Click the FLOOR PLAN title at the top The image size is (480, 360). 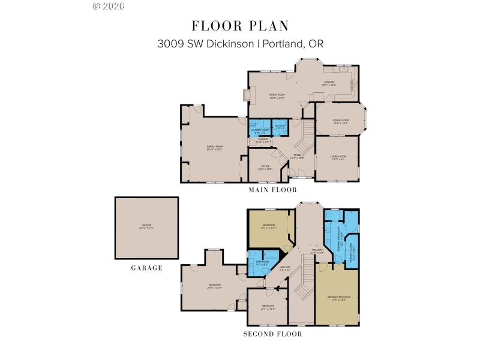click(x=240, y=25)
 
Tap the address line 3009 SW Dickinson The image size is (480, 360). click(x=240, y=44)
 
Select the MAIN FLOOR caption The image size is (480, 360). click(x=273, y=190)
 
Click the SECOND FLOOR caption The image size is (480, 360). click(x=273, y=334)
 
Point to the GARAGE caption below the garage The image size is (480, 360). click(x=146, y=268)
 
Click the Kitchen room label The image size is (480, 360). click(x=329, y=83)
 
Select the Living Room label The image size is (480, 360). click(x=338, y=158)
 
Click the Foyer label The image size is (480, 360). click(x=297, y=157)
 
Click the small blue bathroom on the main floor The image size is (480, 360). click(x=281, y=127)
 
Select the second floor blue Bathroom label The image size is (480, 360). click(x=262, y=263)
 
